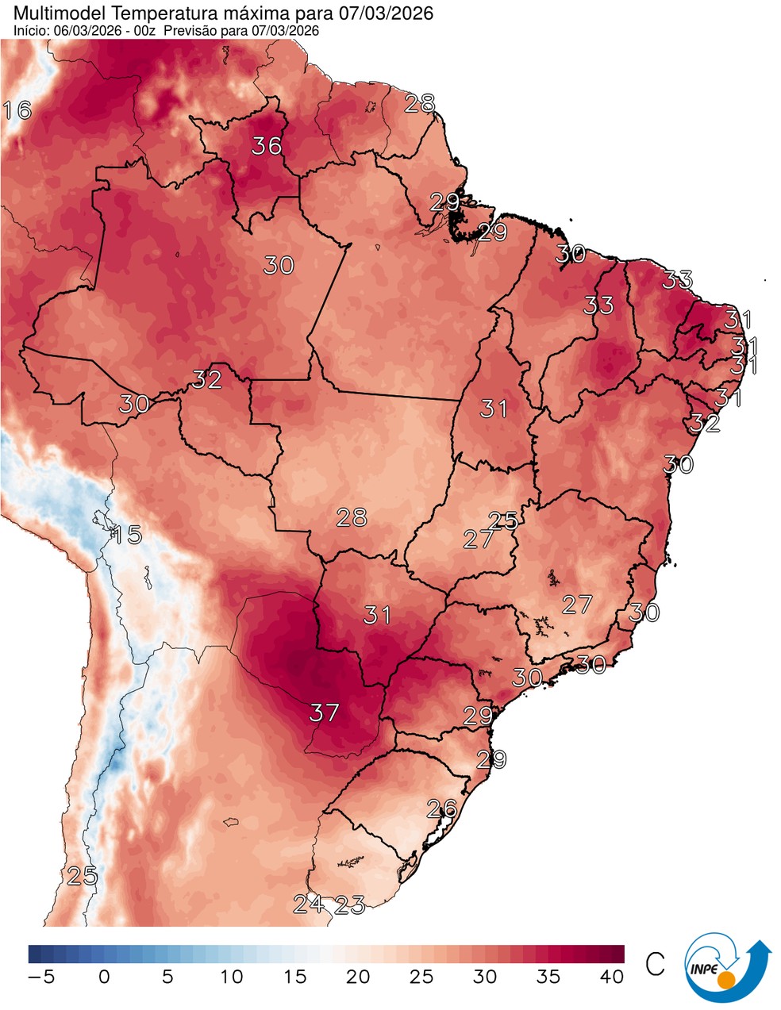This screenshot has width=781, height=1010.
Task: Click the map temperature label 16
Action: click(17, 109)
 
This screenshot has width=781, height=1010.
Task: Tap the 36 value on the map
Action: click(267, 146)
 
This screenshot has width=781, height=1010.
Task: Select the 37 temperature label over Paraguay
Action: click(324, 712)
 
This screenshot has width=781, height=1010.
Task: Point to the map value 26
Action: click(442, 808)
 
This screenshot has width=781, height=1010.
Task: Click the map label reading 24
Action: click(308, 903)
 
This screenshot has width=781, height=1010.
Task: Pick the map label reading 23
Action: click(350, 904)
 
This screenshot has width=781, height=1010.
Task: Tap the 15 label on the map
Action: click(126, 535)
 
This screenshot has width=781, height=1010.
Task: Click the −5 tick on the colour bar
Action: click(40, 977)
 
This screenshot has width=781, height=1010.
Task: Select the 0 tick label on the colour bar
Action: click(104, 977)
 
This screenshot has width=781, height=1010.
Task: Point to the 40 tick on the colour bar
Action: click(612, 977)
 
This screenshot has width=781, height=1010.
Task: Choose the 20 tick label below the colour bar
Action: click(358, 977)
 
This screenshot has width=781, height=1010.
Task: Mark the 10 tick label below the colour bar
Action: click(231, 977)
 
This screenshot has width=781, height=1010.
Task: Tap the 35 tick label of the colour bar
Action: click(548, 977)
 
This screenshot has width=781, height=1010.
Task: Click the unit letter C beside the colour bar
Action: click(655, 965)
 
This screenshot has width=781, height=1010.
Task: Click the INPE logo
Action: click(726, 969)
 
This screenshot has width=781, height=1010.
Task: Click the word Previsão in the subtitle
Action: click(194, 30)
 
